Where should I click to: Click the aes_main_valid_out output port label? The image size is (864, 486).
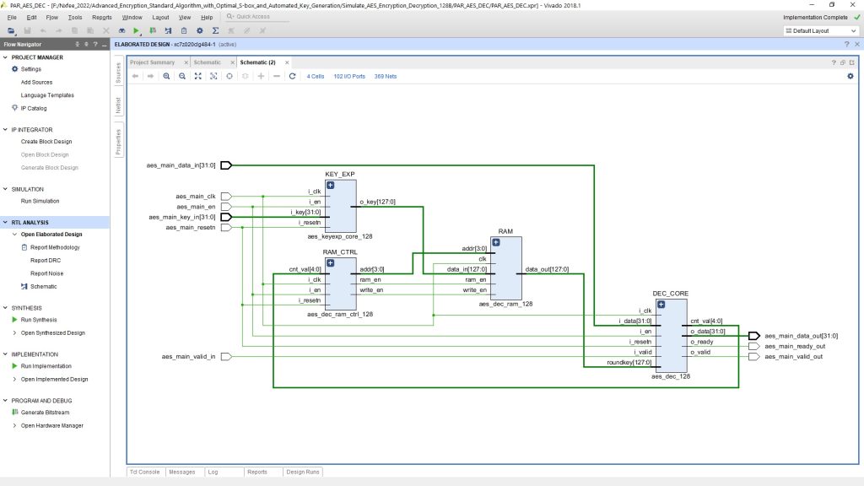click(793, 357)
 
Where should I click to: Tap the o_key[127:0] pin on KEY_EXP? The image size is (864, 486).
click(377, 202)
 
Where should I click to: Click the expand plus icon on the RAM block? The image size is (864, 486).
click(495, 242)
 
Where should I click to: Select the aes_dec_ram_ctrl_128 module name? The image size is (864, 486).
click(339, 314)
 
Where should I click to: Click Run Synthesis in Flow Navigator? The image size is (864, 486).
click(39, 320)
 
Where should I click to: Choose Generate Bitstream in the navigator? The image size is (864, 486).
click(45, 413)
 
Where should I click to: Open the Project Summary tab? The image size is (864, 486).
click(152, 62)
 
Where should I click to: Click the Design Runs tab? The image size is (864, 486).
click(303, 472)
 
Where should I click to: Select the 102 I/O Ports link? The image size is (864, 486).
click(349, 76)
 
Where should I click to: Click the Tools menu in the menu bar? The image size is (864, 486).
click(75, 17)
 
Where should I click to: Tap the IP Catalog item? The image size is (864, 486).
click(34, 108)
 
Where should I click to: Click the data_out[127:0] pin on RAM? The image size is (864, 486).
click(547, 269)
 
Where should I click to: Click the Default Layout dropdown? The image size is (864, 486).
click(819, 30)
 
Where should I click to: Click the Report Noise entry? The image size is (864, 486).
click(46, 273)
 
